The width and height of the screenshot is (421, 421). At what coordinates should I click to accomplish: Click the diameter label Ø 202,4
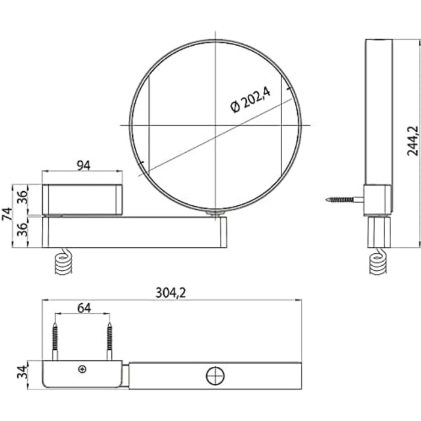pos(250,100)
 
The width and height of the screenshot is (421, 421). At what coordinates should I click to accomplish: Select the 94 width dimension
pos(84,165)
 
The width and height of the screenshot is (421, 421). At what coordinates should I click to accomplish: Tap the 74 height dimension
pos(7,214)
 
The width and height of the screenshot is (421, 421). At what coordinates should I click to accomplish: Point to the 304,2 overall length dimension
pos(171,293)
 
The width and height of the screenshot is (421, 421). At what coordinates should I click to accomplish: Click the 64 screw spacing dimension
pos(84,308)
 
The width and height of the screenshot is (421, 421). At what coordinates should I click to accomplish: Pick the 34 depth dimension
pos(22,372)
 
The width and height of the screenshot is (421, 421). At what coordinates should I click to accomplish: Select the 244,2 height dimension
pos(413,141)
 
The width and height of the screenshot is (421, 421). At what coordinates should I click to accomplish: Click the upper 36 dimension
pos(23,197)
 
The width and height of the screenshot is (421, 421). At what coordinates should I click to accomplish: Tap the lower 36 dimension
pos(23,229)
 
